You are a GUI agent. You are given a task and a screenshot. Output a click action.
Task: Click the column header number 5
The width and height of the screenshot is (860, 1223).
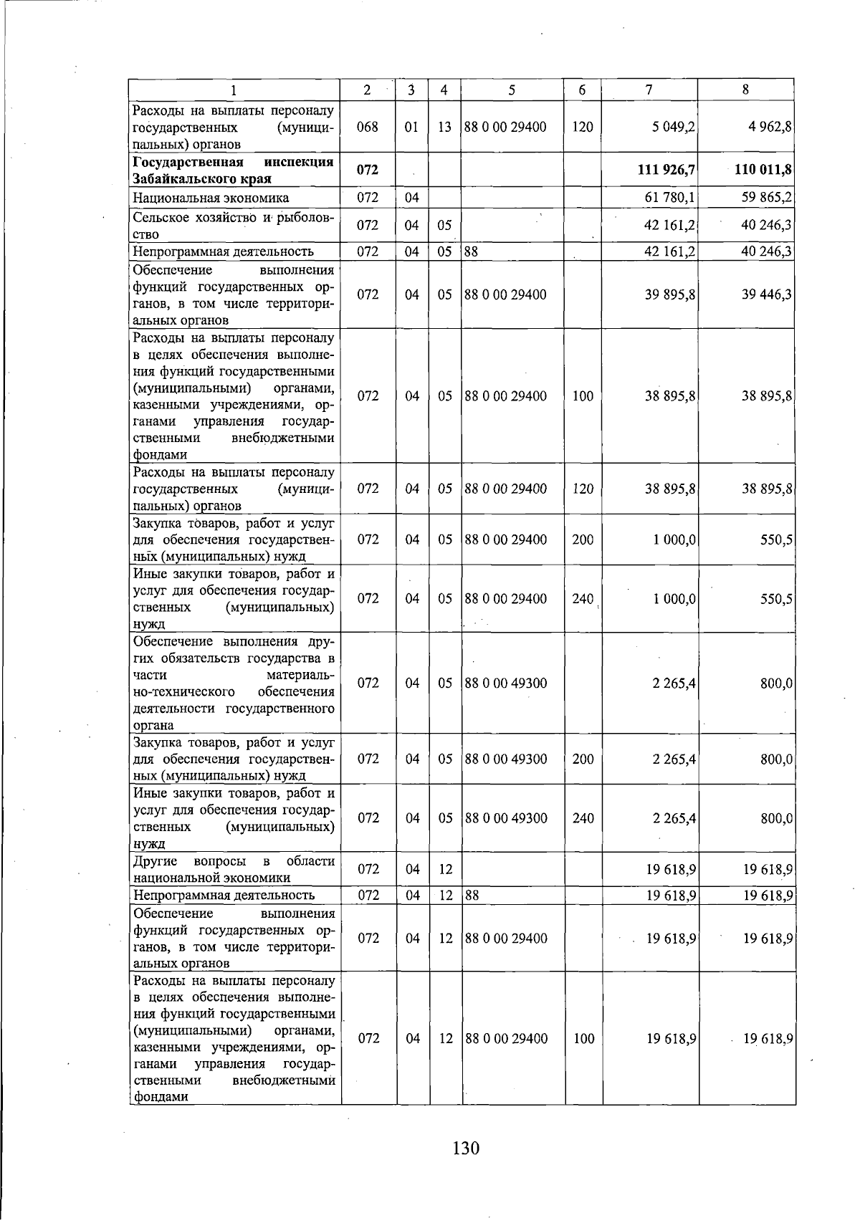[x=512, y=90]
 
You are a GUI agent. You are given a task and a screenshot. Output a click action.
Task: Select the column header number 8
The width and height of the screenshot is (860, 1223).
[x=746, y=90]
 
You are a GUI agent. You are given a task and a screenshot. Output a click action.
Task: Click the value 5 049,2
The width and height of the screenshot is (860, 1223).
[x=674, y=127]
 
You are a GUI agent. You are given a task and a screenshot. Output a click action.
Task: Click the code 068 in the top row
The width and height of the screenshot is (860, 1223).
[x=367, y=127]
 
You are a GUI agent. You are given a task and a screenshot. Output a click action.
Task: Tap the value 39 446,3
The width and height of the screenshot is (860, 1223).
[x=766, y=294]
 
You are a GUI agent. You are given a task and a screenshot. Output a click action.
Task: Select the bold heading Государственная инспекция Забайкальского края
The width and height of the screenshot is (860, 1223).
[x=233, y=171]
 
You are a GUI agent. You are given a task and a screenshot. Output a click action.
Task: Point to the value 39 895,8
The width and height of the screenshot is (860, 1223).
[x=670, y=294]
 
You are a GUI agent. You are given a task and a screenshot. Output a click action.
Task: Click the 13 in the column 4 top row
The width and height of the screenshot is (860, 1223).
[x=445, y=127]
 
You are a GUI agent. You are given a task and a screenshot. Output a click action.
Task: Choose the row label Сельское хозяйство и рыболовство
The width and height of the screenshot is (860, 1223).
[x=233, y=225]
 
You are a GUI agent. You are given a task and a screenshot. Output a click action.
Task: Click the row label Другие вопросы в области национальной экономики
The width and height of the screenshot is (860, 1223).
[x=233, y=869]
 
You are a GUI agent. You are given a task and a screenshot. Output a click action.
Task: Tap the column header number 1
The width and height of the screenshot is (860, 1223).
[x=234, y=90]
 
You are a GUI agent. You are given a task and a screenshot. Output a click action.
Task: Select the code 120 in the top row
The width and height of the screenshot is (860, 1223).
[x=583, y=127]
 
